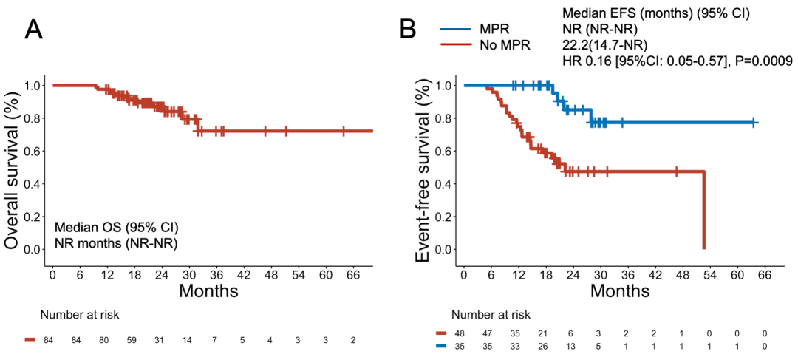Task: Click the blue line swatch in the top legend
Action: [x=455, y=30]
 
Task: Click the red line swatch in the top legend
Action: [x=455, y=44]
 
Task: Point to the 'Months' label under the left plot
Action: [x=208, y=291]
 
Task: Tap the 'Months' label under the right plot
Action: [x=619, y=291]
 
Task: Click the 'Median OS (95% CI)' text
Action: [x=116, y=226]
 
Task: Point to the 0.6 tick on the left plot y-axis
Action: [x=31, y=151]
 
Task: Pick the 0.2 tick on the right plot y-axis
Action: [x=442, y=217]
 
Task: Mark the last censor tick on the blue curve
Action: [x=754, y=122]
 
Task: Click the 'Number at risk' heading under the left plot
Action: [x=80, y=315]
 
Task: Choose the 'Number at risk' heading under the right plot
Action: [x=491, y=315]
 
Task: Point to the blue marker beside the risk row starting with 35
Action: [x=442, y=345]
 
